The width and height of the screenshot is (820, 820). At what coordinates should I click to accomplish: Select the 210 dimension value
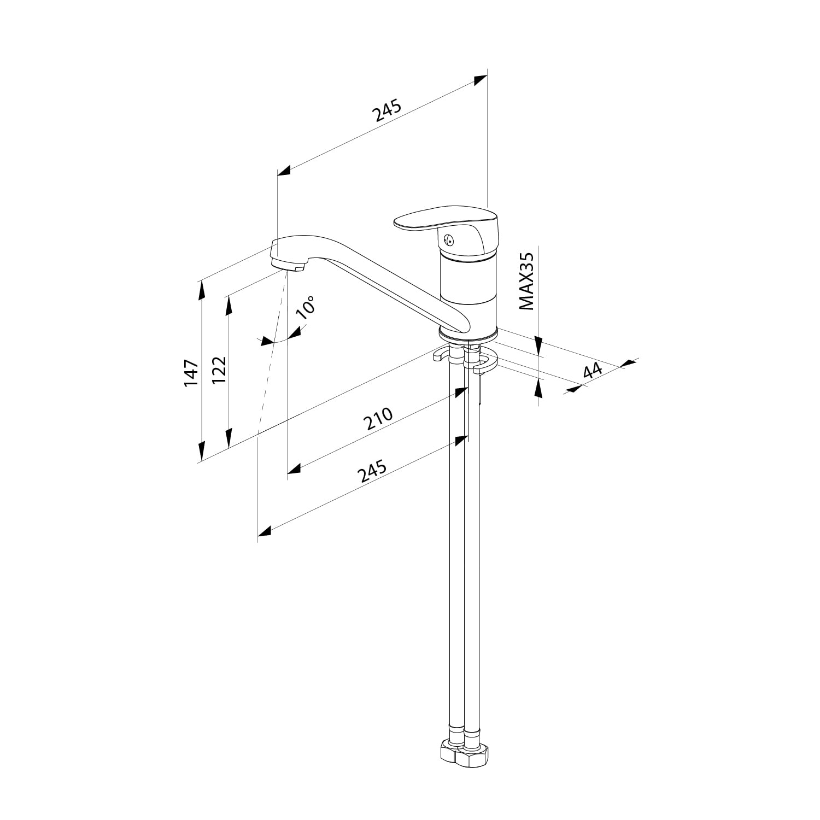tap(378, 419)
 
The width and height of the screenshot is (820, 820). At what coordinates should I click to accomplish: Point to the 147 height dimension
tap(191, 373)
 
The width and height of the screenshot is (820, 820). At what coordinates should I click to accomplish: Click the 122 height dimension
tap(219, 370)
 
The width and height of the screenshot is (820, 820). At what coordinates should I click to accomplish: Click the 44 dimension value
tap(592, 371)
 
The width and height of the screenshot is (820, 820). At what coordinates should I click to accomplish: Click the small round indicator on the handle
tap(448, 239)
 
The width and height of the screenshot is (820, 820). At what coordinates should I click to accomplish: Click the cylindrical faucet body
tap(468, 292)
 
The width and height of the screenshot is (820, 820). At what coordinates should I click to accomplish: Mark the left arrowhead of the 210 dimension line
tap(295, 468)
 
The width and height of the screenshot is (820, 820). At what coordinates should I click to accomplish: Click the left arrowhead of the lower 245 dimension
tap(265, 530)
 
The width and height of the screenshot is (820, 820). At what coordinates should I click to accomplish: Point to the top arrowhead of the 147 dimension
tap(202, 289)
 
